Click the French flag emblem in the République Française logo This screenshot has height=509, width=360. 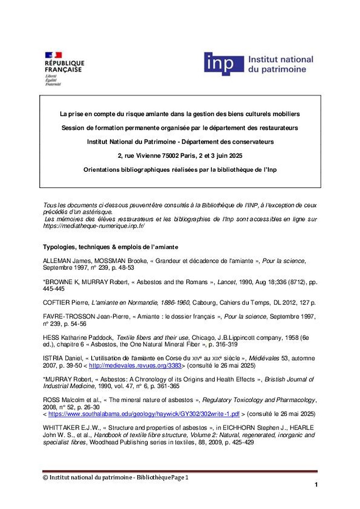pos(53,55)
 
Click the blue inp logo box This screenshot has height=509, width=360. pos(223,64)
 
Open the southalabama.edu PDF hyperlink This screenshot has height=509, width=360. pos(144,414)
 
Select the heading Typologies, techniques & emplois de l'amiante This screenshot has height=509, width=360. pos(110,247)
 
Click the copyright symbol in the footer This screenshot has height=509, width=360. pos(45,477)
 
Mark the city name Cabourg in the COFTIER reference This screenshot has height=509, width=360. pos(204,302)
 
